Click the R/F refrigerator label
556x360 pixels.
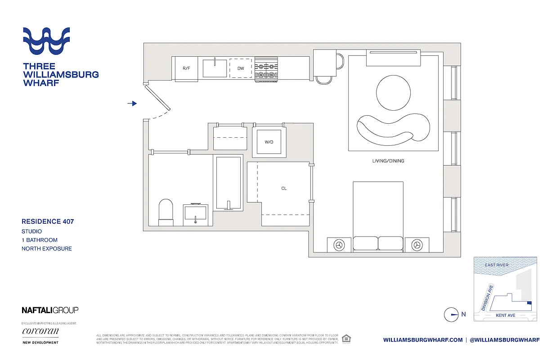(186, 68)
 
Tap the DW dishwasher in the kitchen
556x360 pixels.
(241, 68)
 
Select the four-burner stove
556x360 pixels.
(266, 70)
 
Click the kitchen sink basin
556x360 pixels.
(215, 68)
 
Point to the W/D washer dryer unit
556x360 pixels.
(269, 142)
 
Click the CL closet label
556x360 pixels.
(284, 189)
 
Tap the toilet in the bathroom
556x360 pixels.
(166, 211)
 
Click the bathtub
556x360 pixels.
(229, 183)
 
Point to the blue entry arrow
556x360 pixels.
(132, 103)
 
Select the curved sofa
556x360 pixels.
(392, 127)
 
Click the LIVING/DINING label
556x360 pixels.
(388, 161)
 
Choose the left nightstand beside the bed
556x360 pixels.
(339, 245)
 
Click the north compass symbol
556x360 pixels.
(451, 315)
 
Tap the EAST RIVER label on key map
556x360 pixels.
(497, 265)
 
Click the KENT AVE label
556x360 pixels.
(505, 315)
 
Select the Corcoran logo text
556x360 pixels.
(40, 332)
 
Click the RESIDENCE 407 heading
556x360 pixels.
(48, 221)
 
